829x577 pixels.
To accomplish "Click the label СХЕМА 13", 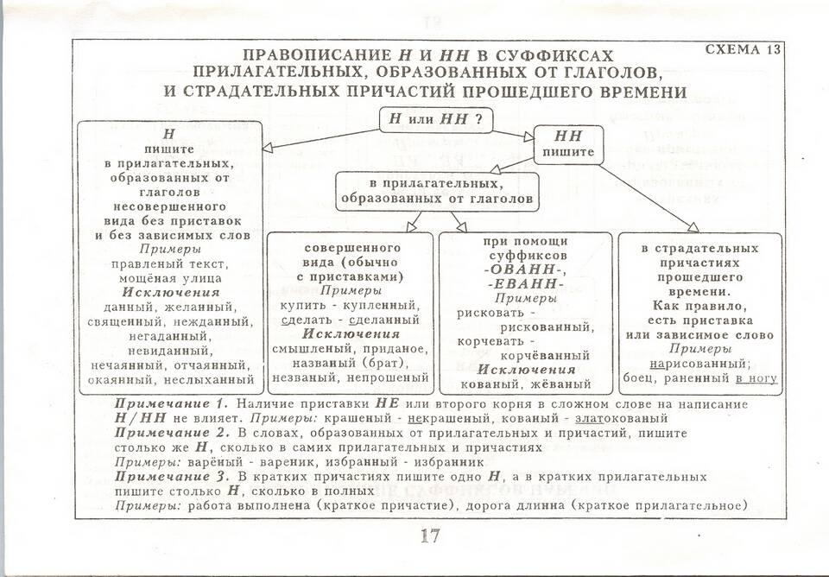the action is coord(743,49).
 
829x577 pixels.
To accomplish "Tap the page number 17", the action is coord(430,536).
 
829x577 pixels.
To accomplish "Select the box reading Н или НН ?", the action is coord(436,118).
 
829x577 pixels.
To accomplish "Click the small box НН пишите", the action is coord(568,144).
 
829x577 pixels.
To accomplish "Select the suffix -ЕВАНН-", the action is coord(525,284).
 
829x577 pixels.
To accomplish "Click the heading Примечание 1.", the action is coord(171,404).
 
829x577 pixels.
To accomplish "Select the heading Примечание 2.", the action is coord(173,433).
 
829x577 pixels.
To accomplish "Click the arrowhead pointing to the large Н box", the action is coord(268,148).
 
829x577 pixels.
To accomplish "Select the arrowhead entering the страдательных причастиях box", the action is coord(693,227).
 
